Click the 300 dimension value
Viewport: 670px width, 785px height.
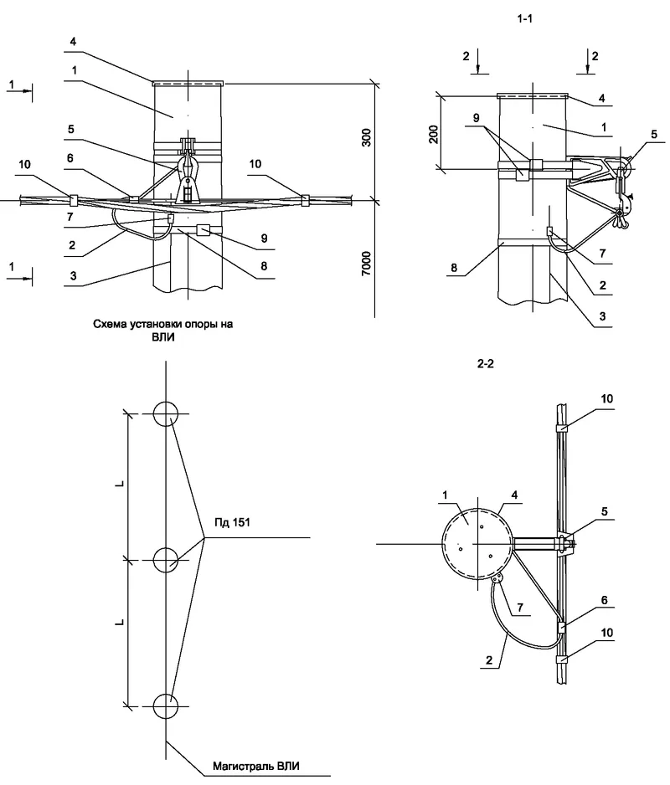[366, 139]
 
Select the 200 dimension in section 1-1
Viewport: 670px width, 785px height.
[434, 134]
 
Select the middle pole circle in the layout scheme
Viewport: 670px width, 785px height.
[166, 558]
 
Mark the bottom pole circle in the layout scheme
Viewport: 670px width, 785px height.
[166, 705]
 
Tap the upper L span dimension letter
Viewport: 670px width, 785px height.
[120, 485]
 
